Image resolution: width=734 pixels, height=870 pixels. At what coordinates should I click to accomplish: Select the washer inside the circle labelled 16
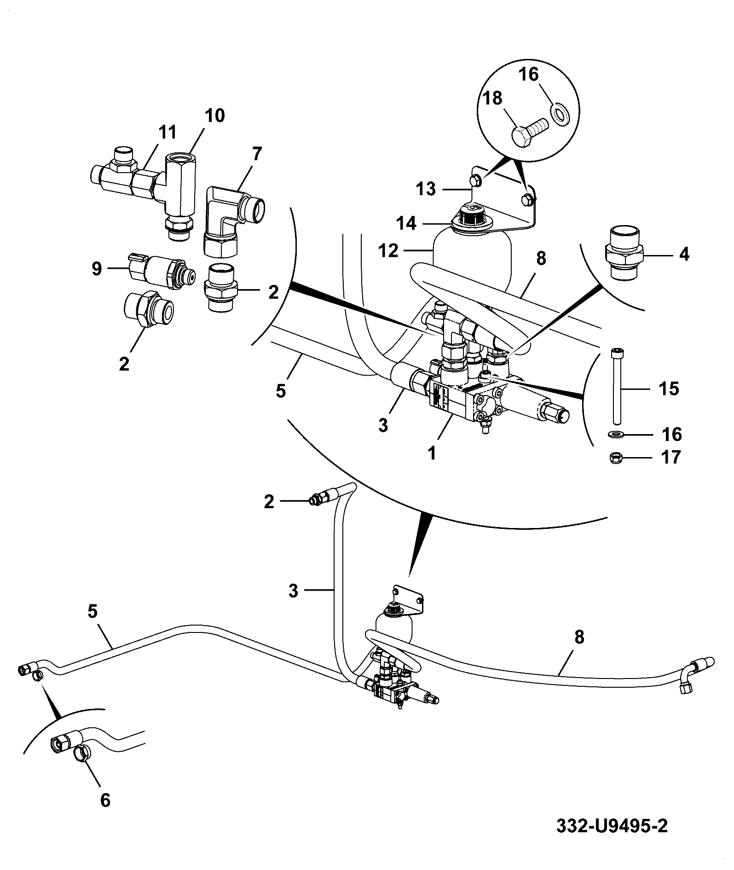560,114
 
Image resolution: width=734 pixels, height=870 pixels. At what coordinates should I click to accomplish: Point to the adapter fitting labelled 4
624,253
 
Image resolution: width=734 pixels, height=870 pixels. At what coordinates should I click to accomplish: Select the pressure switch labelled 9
162,273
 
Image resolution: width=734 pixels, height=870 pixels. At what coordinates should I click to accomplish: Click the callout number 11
167,132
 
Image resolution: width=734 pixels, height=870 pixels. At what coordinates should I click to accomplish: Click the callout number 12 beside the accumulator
388,251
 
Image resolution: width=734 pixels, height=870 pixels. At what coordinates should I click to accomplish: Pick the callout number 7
256,154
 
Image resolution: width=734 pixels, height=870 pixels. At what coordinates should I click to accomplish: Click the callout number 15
668,389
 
